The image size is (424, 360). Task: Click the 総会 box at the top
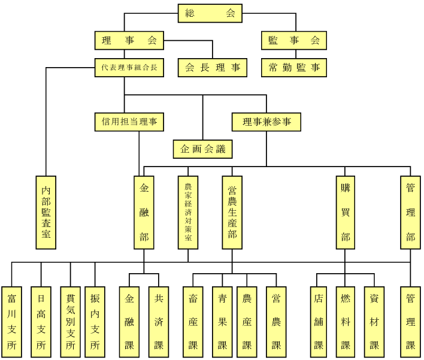(210, 13)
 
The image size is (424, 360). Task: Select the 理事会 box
(129, 41)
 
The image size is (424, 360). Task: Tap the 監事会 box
(293, 41)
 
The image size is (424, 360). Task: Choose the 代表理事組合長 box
(129, 68)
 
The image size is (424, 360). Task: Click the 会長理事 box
(212, 68)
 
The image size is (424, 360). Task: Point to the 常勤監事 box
(293, 68)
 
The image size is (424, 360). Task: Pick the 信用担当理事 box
(129, 122)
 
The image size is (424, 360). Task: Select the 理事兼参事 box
(266, 122)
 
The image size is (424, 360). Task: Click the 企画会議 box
(202, 149)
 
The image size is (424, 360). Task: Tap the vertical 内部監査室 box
(46, 212)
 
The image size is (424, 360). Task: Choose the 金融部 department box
(144, 212)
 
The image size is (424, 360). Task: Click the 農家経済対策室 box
(188, 212)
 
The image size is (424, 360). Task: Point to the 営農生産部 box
(232, 212)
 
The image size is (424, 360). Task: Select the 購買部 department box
(346, 212)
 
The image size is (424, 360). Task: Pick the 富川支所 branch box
(11, 322)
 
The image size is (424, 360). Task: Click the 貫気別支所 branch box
(70, 322)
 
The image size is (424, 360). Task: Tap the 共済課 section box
(159, 322)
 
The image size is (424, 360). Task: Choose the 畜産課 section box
(193, 322)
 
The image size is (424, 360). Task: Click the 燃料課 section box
(346, 322)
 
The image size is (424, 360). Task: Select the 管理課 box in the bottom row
(410, 322)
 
